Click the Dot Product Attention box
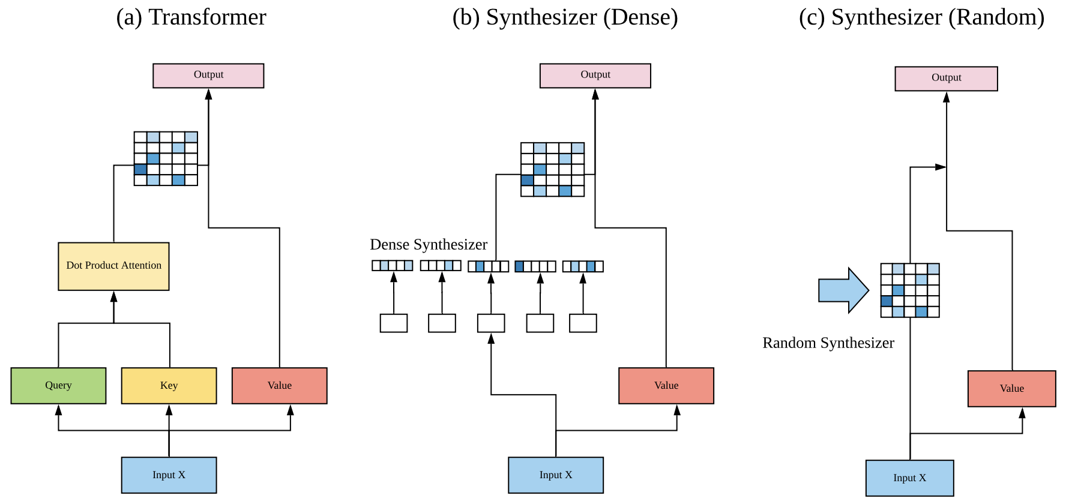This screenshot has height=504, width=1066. coord(113,266)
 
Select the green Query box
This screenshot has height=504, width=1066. coord(58,386)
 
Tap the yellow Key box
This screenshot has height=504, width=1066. coord(169,386)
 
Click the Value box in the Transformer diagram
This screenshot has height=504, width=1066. coord(279,386)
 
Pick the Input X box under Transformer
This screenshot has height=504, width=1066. coord(169,475)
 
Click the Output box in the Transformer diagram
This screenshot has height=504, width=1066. coord(208,76)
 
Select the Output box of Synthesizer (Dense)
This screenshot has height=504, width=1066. coord(595,76)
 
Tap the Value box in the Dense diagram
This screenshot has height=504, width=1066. coord(666,386)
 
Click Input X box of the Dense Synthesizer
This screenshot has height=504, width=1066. coord(555,475)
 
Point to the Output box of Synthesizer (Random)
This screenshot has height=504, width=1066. coord(946,79)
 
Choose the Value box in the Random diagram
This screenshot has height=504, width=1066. coord(1011,389)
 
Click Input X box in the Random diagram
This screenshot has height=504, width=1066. coord(909,478)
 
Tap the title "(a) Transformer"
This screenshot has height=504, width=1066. coord(191,17)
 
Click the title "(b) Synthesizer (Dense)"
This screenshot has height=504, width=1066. coord(565,17)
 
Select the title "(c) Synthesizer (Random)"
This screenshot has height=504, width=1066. coord(921,17)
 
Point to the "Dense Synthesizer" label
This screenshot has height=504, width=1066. coord(429,245)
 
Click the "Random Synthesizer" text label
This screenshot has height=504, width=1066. coord(828,343)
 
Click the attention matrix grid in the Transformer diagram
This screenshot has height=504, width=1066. coord(166,158)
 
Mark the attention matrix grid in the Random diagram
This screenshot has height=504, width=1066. coord(909,290)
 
